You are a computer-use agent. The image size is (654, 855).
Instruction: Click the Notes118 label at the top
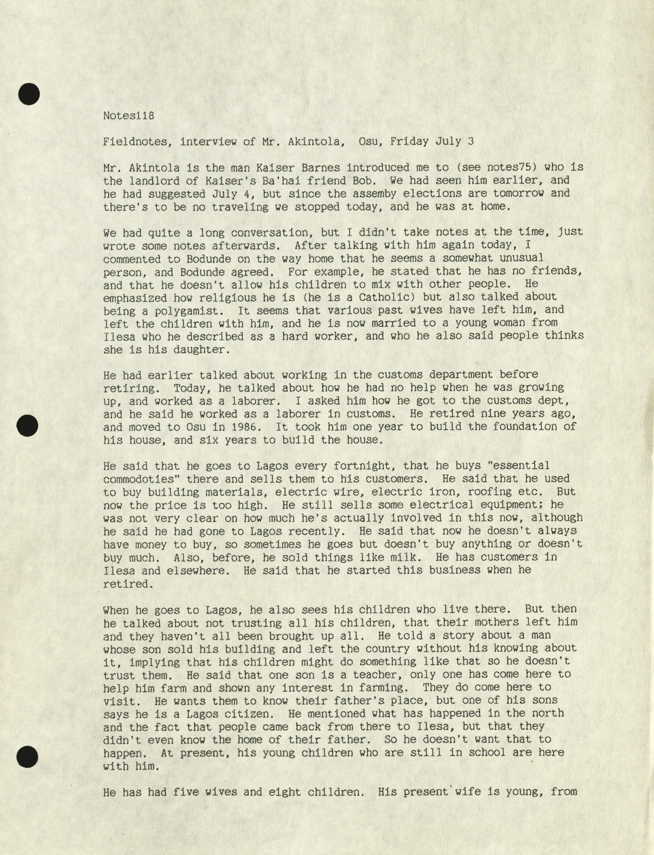[129, 116]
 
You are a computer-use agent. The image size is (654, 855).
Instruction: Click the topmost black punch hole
[29, 94]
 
